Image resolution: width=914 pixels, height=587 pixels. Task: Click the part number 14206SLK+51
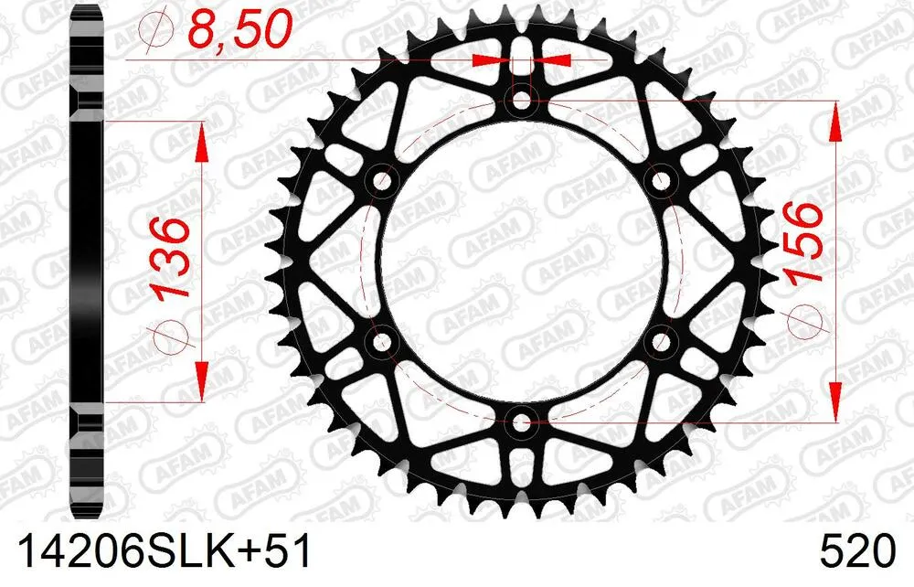(161, 553)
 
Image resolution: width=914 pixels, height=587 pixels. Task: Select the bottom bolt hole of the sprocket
(521, 422)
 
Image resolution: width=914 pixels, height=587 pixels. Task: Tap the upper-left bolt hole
(381, 180)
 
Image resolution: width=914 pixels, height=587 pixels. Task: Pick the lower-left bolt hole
(381, 342)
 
